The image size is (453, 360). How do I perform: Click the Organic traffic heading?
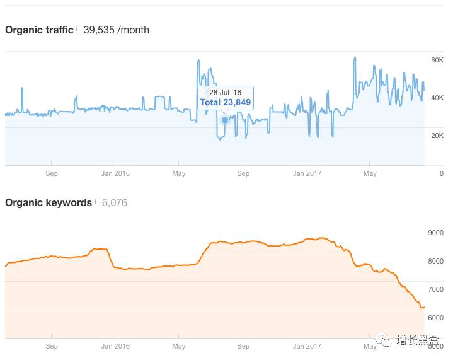[x=39, y=30]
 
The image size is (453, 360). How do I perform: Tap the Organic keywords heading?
[x=49, y=202]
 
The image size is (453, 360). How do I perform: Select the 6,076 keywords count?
[x=115, y=202]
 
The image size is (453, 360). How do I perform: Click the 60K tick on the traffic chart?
[x=437, y=60]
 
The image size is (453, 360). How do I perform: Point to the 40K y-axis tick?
[x=437, y=98]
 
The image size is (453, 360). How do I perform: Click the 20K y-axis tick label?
[x=437, y=136]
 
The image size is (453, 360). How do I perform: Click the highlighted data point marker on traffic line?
[x=225, y=120]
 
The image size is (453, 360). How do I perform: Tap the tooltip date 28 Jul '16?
[x=225, y=93]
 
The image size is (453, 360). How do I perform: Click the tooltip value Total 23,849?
[x=225, y=102]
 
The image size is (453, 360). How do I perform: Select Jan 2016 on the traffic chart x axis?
[x=115, y=173]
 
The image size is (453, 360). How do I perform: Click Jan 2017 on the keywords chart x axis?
[x=307, y=346]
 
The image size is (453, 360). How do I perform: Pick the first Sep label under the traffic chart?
[x=52, y=173]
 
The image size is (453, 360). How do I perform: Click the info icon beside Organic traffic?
[x=77, y=28]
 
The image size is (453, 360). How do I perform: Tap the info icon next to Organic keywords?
[x=96, y=201]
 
